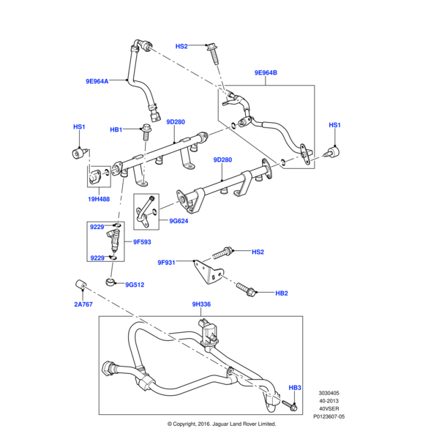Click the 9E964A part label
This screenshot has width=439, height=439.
click(95, 81)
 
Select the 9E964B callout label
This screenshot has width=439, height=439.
click(266, 72)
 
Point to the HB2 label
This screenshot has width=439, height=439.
click(282, 293)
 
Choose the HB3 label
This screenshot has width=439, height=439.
click(295, 387)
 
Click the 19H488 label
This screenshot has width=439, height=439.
click(99, 198)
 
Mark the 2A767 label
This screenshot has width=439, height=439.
click(83, 304)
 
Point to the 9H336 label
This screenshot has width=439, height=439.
click(201, 305)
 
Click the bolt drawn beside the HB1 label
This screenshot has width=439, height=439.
click(145, 133)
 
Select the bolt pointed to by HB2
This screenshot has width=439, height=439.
click(245, 289)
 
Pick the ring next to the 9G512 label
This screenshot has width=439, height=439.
click(111, 282)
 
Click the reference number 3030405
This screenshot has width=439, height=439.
click(328, 393)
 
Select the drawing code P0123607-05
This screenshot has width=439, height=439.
click(329, 416)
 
